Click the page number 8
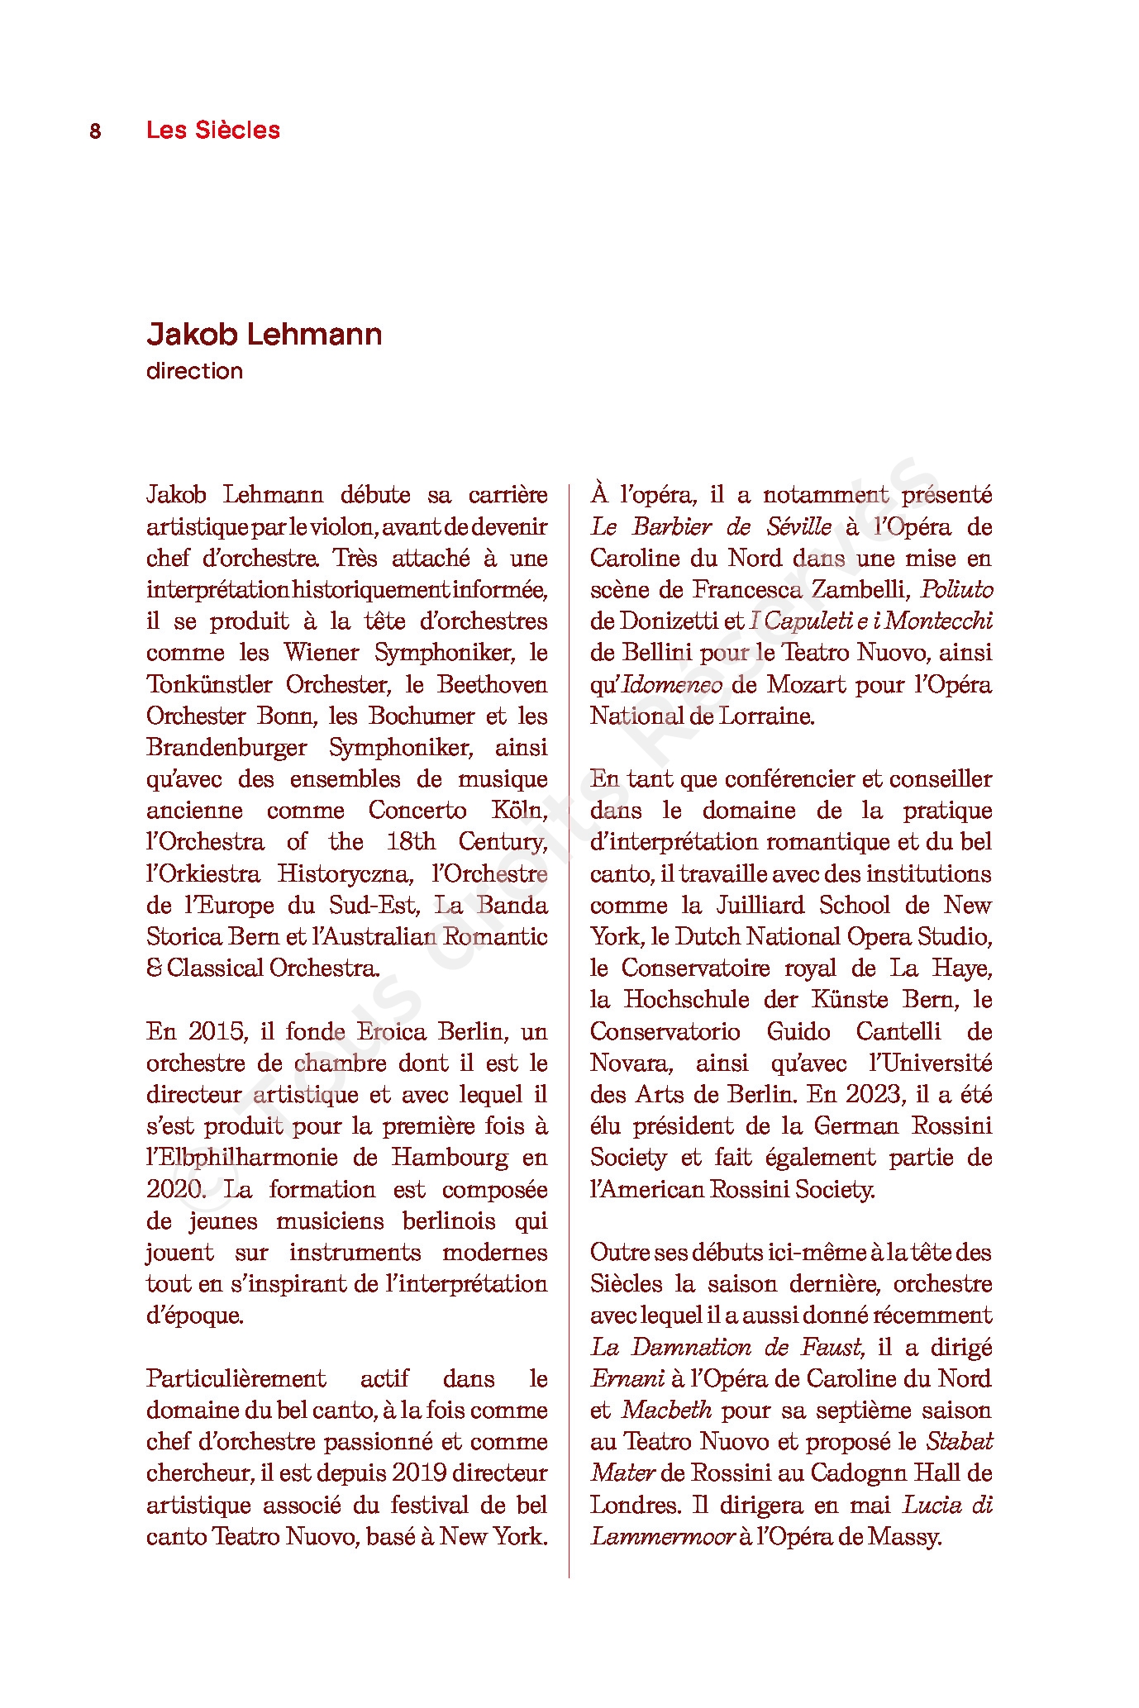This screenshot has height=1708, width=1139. point(95,131)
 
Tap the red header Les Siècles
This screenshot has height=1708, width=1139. point(212,130)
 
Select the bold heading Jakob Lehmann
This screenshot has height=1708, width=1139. point(264,334)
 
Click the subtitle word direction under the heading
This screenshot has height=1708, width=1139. point(194,371)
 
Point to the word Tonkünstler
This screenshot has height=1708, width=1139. point(209,684)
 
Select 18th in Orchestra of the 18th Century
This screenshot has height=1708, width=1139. point(410,841)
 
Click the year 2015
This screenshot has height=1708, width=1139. point(217,1031)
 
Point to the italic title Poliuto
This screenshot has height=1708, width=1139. point(956,589)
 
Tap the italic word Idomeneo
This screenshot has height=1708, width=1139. point(672,684)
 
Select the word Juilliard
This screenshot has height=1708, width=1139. point(760,905)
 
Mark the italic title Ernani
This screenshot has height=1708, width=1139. point(627,1378)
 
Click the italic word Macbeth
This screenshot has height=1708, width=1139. point(667,1411)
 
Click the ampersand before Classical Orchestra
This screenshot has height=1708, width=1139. point(154,968)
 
